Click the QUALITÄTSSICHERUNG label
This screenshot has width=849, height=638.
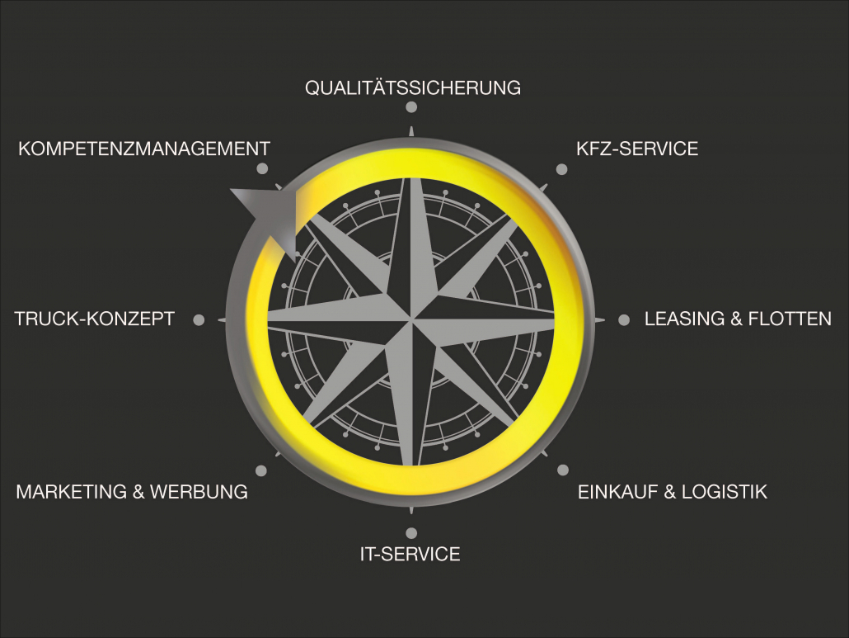click(x=413, y=87)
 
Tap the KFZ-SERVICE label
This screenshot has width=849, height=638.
click(x=637, y=149)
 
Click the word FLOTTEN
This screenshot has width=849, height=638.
click(x=790, y=319)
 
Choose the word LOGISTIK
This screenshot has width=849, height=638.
click(x=725, y=492)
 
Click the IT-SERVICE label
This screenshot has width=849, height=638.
click(x=410, y=554)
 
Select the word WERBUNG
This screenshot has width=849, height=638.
click(x=199, y=492)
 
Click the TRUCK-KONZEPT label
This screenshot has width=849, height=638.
click(x=94, y=319)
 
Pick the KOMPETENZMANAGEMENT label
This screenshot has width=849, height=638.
click(x=144, y=149)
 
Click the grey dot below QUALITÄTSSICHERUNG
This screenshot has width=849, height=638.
click(x=411, y=106)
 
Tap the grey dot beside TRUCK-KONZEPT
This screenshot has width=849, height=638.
click(x=199, y=319)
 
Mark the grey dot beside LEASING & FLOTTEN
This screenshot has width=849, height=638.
click(x=624, y=319)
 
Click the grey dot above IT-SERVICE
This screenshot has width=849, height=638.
click(x=411, y=533)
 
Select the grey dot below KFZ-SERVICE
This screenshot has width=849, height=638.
click(x=562, y=169)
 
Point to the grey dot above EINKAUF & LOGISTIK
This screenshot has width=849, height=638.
click(x=563, y=470)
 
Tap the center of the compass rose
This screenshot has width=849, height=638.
click(x=411, y=319)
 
